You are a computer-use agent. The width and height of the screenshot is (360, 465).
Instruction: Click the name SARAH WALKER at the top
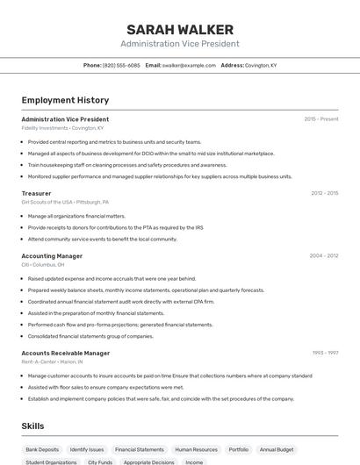coord(179,29)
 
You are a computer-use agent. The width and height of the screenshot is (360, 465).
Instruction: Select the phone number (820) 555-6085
coord(121,65)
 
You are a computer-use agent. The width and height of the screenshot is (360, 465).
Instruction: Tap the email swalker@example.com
coord(189,65)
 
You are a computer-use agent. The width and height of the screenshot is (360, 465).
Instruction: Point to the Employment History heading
coord(65,100)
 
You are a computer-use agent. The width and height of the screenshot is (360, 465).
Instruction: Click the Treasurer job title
coord(36,193)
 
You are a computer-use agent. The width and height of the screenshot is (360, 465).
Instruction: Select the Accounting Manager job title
coord(52,256)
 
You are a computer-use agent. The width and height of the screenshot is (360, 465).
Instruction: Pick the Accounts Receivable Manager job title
coord(65,353)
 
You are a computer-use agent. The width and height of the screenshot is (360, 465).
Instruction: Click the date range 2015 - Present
coord(320,118)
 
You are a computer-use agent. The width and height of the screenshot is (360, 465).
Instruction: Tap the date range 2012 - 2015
coord(324,193)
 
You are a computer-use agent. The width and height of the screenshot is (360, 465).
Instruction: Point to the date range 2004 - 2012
coord(324,256)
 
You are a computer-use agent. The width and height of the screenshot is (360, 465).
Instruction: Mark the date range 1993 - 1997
coord(325,353)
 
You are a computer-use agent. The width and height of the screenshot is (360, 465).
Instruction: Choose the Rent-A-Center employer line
coord(52,361)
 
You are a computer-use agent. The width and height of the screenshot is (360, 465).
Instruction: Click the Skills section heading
coord(33,426)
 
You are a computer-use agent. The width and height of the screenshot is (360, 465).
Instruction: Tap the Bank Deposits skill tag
coord(42,449)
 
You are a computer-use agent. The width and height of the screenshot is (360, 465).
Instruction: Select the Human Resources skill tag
coord(196,449)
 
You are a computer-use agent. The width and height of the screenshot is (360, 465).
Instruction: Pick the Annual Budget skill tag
coord(277,449)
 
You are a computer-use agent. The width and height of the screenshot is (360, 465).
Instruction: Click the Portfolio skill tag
coord(239,449)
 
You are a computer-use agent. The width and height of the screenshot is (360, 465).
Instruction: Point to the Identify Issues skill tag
coord(87,449)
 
